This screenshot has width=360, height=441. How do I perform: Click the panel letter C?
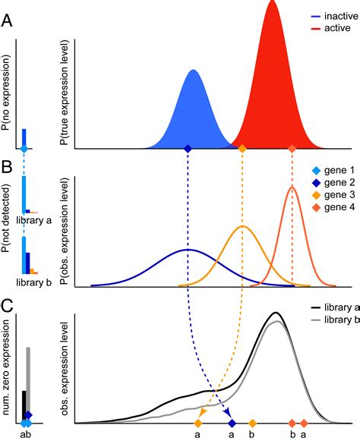click(7, 307)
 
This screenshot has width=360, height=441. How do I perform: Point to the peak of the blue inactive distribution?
click(193, 71)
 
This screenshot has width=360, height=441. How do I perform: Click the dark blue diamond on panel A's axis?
click(188, 149)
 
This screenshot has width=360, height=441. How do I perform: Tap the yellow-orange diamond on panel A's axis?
click(242, 149)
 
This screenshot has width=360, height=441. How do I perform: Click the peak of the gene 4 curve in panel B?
click(292, 187)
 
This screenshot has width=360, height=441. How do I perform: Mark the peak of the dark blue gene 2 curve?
click(188, 250)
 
